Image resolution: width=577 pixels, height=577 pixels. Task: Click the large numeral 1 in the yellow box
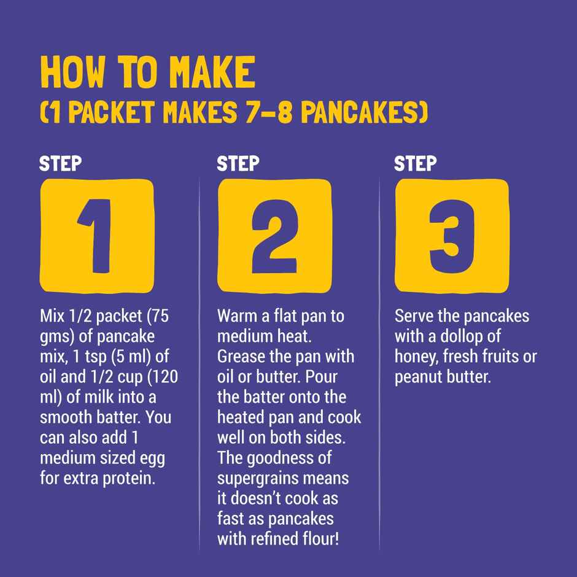coord(96,236)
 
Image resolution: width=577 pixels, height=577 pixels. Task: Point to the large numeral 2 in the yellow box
coord(274,236)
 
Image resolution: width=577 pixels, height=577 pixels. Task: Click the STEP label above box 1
coord(60,164)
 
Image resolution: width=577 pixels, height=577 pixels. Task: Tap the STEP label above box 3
coord(415,164)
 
